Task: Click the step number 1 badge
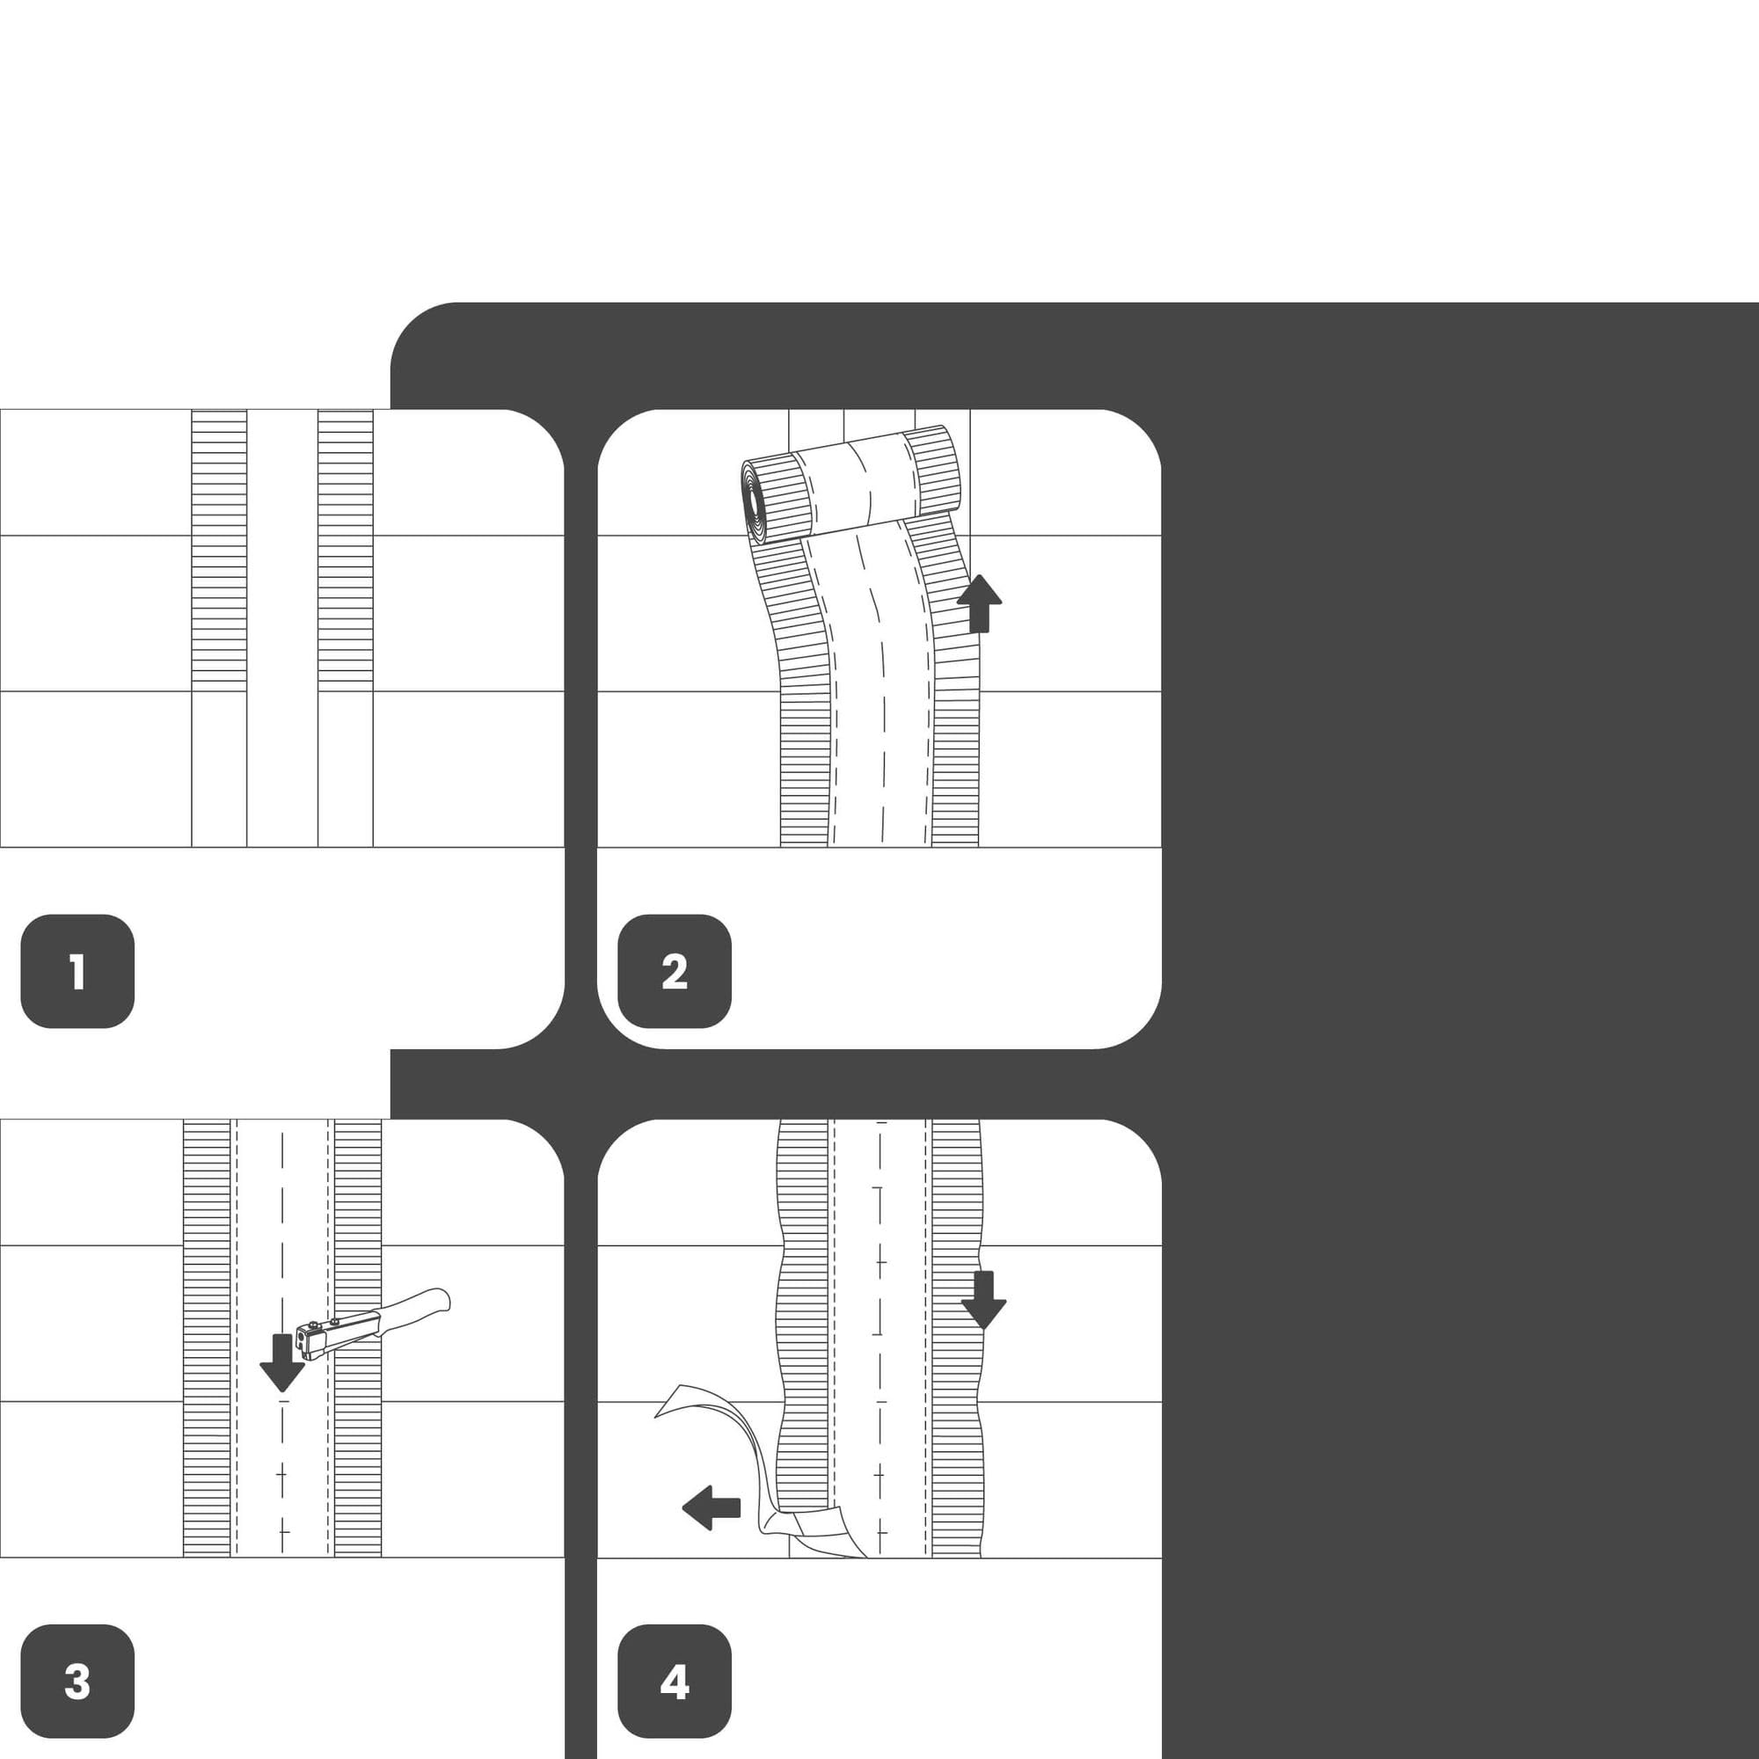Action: click(77, 972)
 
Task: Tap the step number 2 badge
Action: click(675, 972)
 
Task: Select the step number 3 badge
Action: click(77, 1682)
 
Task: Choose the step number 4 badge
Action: click(675, 1682)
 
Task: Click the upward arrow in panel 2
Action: click(980, 602)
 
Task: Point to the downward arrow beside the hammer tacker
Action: click(282, 1363)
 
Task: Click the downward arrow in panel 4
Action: click(983, 1300)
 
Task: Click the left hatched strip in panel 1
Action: click(219, 546)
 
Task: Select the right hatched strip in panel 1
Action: click(346, 546)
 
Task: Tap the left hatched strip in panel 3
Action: click(207, 1338)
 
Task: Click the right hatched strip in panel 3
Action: click(358, 1338)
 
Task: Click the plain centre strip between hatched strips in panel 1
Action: click(282, 628)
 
